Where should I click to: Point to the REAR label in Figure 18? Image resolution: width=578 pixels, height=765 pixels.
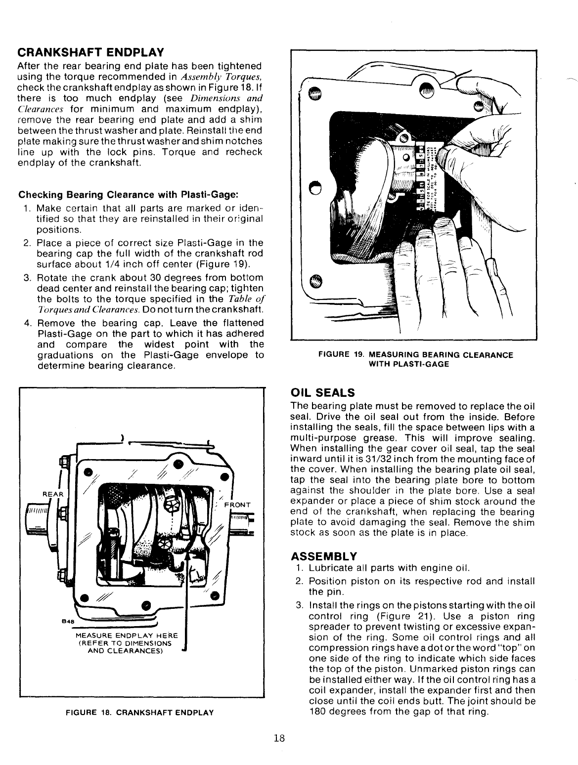point(52,494)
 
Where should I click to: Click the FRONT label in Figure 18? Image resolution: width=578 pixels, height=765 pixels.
point(238,505)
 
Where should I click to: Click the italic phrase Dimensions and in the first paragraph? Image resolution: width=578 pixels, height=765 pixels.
point(226,98)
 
